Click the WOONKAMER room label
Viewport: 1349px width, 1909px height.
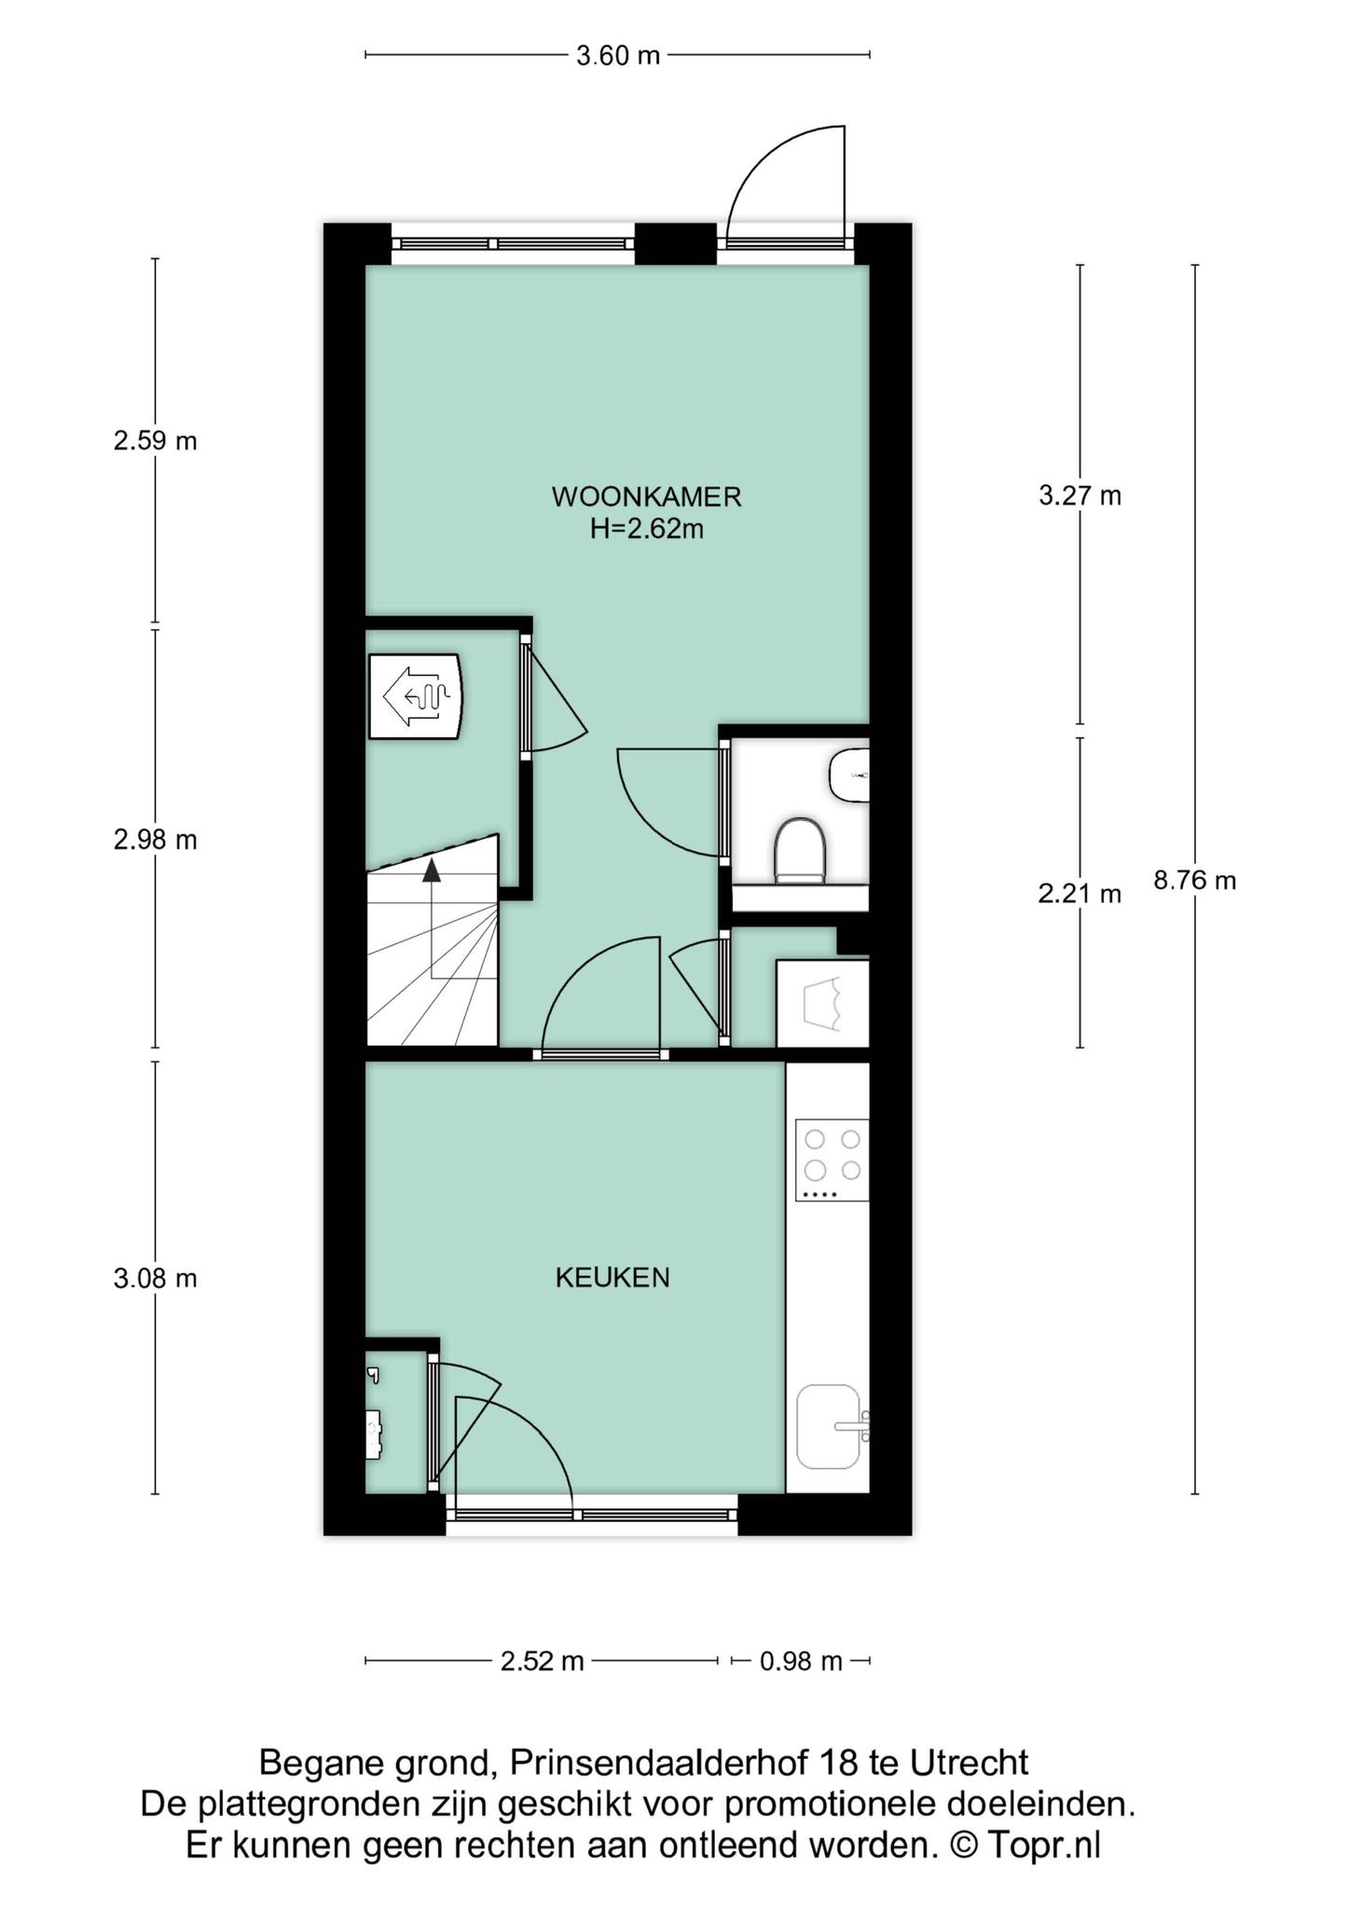(646, 497)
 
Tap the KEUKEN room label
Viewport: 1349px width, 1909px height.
(613, 1277)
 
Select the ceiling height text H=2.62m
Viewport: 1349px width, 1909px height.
(646, 529)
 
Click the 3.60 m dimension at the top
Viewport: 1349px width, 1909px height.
(617, 56)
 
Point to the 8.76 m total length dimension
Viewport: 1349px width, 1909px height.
(1194, 880)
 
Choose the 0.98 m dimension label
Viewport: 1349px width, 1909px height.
(801, 1661)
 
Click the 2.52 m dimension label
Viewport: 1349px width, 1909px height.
(542, 1661)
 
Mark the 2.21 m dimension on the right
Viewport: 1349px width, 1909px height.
(1079, 894)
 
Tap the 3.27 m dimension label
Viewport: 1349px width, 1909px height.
(1080, 496)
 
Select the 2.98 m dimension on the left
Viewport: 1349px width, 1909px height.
(155, 840)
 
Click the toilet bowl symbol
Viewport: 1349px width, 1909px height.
(800, 848)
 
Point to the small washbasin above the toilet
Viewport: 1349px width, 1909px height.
(849, 774)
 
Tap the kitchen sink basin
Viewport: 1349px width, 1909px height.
(829, 1425)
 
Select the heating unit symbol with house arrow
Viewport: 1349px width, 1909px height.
(415, 696)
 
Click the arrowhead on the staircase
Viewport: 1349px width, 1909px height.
(432, 871)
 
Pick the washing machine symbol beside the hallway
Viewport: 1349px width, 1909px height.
(822, 1003)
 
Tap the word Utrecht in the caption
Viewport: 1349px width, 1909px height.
(969, 1764)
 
